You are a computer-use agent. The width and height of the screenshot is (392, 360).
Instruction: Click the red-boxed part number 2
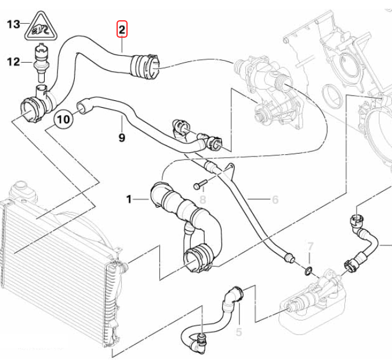click(x=122, y=30)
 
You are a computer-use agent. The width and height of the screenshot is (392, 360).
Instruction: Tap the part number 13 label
click(x=13, y=24)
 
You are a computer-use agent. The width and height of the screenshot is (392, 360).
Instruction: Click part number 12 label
click(x=13, y=62)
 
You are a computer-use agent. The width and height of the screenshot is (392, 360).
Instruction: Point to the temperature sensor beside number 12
click(x=40, y=62)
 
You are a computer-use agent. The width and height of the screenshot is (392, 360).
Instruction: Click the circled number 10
click(x=64, y=119)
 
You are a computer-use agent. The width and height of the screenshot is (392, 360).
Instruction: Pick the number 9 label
click(x=122, y=137)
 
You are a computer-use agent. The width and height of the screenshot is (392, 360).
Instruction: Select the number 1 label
click(x=129, y=199)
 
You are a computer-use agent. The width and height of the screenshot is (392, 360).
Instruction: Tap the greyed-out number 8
click(x=203, y=200)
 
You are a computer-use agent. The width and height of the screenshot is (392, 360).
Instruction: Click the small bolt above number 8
click(x=199, y=184)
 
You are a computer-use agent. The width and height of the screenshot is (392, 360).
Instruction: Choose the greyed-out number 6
click(x=275, y=199)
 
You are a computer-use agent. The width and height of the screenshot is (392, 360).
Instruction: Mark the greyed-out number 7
click(x=310, y=246)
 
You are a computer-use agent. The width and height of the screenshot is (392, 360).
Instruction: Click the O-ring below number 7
click(x=308, y=270)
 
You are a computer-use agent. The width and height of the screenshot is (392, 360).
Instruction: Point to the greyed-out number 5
click(x=239, y=332)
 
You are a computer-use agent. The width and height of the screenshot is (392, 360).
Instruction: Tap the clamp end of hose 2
click(x=146, y=66)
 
